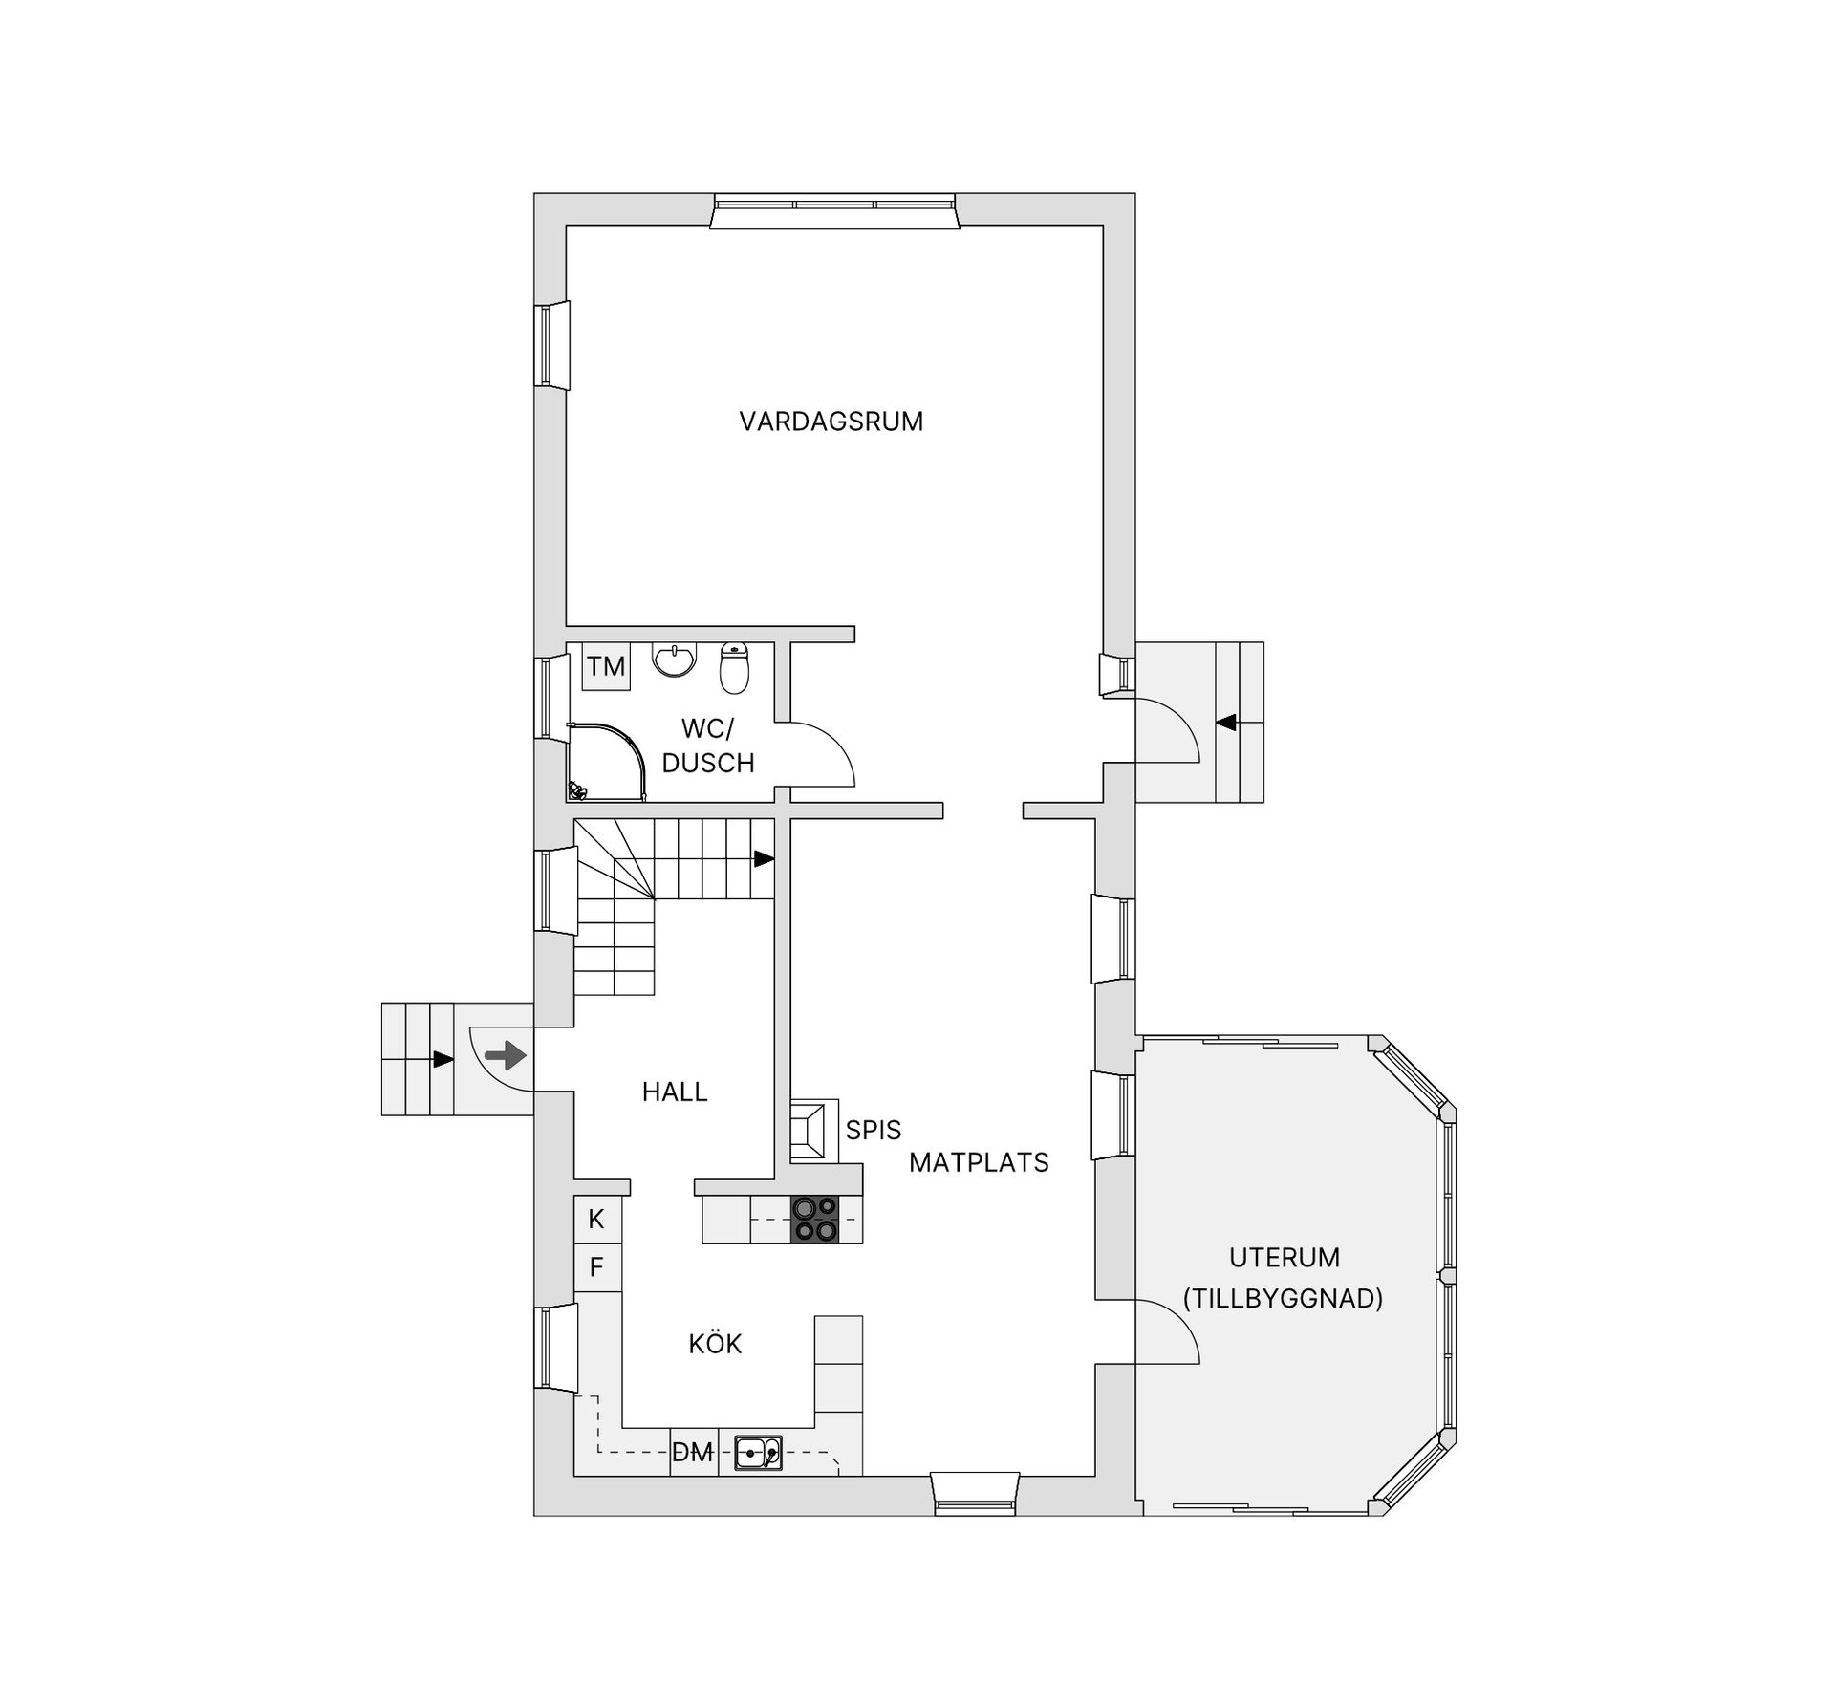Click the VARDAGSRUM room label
pyautogui.click(x=831, y=422)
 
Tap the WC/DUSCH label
pyautogui.click(x=708, y=746)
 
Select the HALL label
pyautogui.click(x=675, y=1092)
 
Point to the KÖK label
pyautogui.click(x=715, y=1343)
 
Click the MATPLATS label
pyautogui.click(x=979, y=1162)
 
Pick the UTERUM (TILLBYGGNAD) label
pyautogui.click(x=1284, y=1278)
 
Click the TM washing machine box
pyautogui.click(x=606, y=666)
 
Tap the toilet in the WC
pyautogui.click(x=734, y=667)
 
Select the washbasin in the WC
pyautogui.click(x=675, y=659)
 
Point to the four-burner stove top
pyautogui.click(x=815, y=1220)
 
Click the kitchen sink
pyautogui.click(x=758, y=1453)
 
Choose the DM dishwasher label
pyautogui.click(x=693, y=1453)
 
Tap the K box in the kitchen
pyautogui.click(x=596, y=1220)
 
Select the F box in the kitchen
pyautogui.click(x=596, y=1267)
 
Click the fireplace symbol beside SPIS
pyautogui.click(x=813, y=1130)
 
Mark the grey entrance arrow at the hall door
pyautogui.click(x=506, y=1056)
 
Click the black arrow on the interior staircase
pyautogui.click(x=765, y=859)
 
